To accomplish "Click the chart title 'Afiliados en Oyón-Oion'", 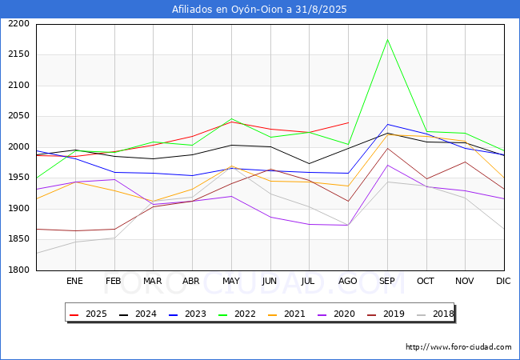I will click(259, 10).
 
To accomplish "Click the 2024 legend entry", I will click(138, 314).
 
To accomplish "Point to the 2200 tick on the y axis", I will click(18, 24).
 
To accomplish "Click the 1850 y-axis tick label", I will click(18, 239).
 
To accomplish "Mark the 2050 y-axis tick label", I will click(18, 116).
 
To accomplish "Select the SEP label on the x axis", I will click(387, 281).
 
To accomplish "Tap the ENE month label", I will click(74, 281).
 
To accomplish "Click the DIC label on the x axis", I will click(503, 281).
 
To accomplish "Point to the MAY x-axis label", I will click(231, 281).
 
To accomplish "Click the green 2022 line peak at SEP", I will click(387, 39).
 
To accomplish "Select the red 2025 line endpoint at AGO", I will click(348, 122).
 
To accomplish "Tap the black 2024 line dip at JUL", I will click(309, 163).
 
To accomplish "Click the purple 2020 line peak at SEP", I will click(387, 165).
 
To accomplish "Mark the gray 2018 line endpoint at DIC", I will click(504, 229).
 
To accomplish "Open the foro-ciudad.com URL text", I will click(458, 347).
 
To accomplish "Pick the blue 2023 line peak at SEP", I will click(387, 124).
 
